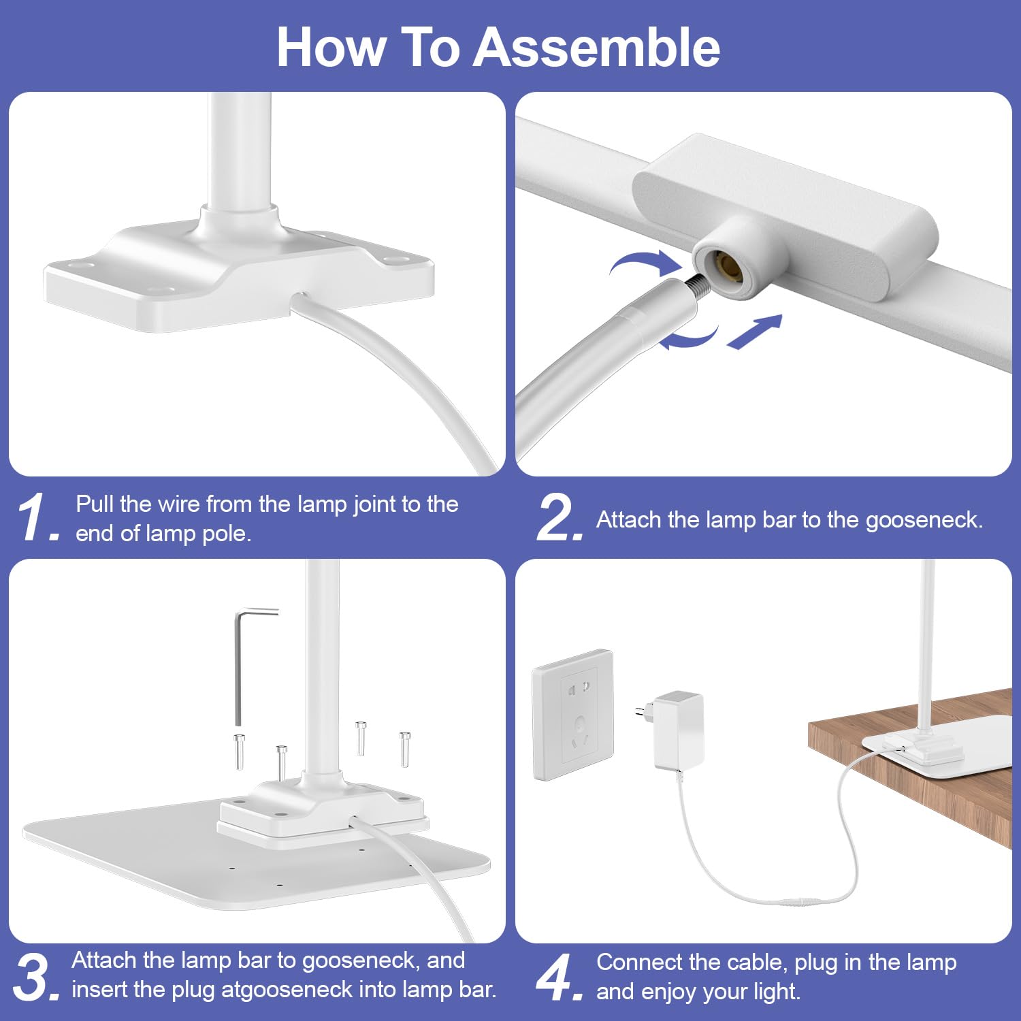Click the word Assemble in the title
tap(596, 48)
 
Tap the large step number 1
tap(37, 518)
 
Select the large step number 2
tap(560, 518)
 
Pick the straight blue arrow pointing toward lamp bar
tap(755, 331)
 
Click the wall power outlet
tap(573, 715)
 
